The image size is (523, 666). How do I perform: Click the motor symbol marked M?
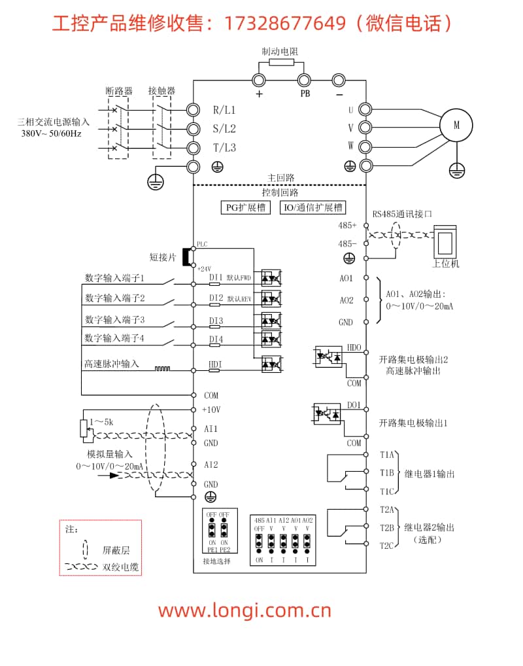click(x=457, y=124)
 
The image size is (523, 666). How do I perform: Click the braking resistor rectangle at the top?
click(x=281, y=63)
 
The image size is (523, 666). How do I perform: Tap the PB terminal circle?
click(x=304, y=80)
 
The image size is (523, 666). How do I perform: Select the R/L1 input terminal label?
click(x=224, y=110)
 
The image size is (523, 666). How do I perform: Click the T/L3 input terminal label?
click(x=224, y=148)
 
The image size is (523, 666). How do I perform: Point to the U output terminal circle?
click(x=365, y=110)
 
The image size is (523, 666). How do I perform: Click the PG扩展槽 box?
click(x=246, y=207)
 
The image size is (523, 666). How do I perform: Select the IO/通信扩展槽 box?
click(x=312, y=207)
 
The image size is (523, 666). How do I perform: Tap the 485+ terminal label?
click(x=347, y=225)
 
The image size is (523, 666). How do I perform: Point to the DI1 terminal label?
click(x=216, y=277)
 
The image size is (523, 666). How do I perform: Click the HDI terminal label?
click(x=215, y=364)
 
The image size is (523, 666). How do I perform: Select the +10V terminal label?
click(x=211, y=410)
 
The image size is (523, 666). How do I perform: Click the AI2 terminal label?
click(x=211, y=464)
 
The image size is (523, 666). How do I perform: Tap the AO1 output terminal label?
click(x=346, y=278)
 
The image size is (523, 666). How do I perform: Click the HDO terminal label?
click(x=354, y=347)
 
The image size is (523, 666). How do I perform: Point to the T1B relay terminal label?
click(x=387, y=472)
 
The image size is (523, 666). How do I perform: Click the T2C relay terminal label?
click(x=387, y=545)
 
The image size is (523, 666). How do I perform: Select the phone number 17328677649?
click(x=284, y=24)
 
